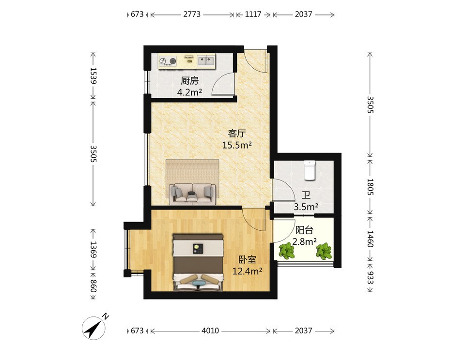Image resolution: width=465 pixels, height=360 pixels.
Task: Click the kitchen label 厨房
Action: coord(189,81)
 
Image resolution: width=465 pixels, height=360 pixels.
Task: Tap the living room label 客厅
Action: coord(237,134)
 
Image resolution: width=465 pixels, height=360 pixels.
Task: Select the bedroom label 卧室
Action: coord(248,260)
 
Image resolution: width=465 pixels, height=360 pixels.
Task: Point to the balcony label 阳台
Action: coord(304,230)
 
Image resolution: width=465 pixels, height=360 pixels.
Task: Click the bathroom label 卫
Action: coord(306,195)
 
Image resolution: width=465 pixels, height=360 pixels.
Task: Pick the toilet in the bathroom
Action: coord(310,170)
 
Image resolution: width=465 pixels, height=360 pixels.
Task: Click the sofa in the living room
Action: coord(192,194)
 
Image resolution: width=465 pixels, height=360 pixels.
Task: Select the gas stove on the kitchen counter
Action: coord(168,61)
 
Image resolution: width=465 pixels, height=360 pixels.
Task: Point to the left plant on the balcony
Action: coord(286,250)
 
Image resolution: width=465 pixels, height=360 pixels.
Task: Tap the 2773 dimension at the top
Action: coord(192,14)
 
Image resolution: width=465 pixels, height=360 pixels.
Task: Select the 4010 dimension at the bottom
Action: coord(210,330)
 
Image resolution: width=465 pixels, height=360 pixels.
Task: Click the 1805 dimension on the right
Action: coord(371,187)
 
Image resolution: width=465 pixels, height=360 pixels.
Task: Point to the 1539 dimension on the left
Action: coord(93,76)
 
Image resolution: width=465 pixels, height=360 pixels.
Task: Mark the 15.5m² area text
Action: coord(237,145)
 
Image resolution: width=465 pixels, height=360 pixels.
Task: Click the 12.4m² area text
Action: coord(248,271)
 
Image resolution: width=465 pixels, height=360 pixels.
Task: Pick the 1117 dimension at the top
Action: coord(253,14)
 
